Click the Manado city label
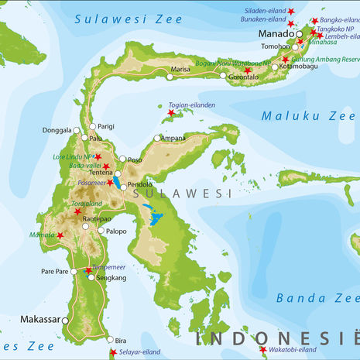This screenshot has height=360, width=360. pos(275,33)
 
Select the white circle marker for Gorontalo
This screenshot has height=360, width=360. pos(223,76)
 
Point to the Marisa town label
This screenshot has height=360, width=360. pos(180,69)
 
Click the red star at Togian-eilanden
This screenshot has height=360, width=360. pos(171,113)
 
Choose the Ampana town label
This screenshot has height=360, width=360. pos(173,138)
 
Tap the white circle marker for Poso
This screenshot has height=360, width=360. pos(129,160)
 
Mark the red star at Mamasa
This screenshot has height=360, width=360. pos(60,235)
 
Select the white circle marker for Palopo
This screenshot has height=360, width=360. pos(101,231)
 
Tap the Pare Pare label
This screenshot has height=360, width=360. pos(53,271)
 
